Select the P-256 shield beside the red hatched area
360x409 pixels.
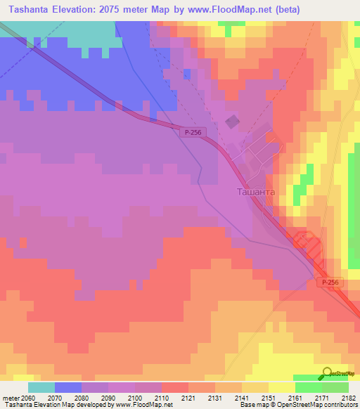click(330, 282)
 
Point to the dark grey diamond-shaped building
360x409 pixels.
click(232, 122)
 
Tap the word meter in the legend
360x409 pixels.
click(8, 397)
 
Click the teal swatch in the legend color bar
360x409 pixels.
click(41, 387)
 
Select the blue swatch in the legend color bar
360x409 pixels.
click(67, 387)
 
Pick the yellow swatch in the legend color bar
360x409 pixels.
click(281, 387)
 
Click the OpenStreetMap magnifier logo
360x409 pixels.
click(328, 374)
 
